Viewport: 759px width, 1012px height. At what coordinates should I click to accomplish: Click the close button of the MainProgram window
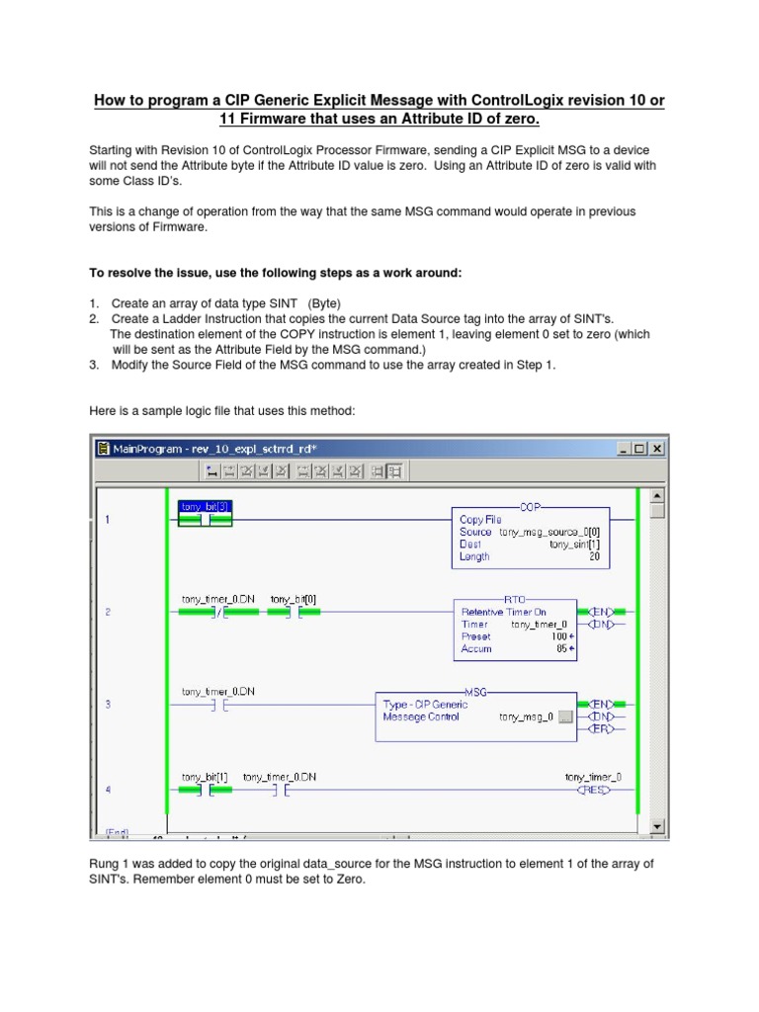tap(656, 449)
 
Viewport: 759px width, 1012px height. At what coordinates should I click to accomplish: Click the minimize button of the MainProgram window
tap(624, 449)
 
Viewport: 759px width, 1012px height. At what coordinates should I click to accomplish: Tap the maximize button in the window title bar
tap(639, 449)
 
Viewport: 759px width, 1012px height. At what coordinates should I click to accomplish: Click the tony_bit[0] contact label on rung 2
tap(294, 599)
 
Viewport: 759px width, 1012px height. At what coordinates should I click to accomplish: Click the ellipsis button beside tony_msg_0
tap(565, 717)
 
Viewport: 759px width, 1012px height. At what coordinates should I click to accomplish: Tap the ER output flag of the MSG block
tap(600, 729)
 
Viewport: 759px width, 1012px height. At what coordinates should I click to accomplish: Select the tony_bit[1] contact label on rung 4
tap(205, 777)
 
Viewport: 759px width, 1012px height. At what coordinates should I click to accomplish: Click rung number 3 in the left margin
tap(109, 705)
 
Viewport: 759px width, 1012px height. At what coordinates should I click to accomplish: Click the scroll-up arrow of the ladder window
tap(658, 495)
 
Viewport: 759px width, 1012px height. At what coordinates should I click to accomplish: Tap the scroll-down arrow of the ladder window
tap(658, 825)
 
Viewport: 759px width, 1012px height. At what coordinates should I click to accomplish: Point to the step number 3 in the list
tap(94, 365)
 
